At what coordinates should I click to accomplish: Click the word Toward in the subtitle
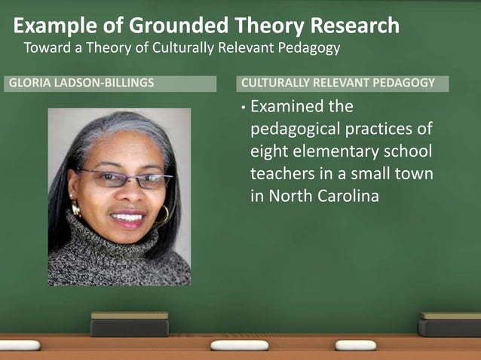click(46, 48)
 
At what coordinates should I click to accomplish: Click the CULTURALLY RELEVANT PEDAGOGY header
click(338, 83)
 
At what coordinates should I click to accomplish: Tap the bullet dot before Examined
click(243, 108)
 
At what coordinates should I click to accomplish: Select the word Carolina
click(343, 197)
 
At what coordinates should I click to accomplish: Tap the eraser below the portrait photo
click(130, 325)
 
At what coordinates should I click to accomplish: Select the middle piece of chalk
click(239, 345)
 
